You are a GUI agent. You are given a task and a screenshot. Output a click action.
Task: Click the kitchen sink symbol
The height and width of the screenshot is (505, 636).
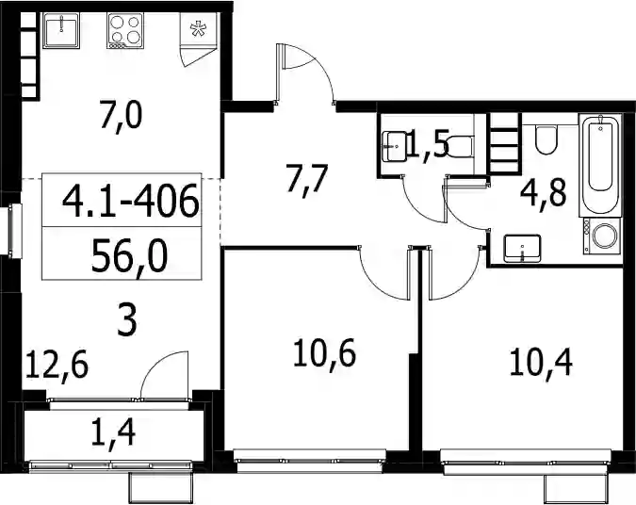pos(61,30)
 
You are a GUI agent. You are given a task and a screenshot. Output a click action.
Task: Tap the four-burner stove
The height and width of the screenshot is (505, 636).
pos(125,30)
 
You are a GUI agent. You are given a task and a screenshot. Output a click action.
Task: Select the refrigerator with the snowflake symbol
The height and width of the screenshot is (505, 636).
pos(199,29)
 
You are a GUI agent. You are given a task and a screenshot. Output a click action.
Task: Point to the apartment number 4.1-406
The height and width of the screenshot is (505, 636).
pos(131,202)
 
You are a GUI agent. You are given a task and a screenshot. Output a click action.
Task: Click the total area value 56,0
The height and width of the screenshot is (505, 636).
pos(129,255)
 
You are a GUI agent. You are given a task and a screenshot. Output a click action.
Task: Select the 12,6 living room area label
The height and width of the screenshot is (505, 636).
pos(57,366)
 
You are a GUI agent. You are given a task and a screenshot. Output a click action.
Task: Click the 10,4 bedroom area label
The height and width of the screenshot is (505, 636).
pos(541,364)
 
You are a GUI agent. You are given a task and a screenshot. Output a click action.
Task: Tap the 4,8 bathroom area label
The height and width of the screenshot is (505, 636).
pos(544,194)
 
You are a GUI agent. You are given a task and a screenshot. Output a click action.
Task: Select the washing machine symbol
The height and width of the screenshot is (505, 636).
pos(602,236)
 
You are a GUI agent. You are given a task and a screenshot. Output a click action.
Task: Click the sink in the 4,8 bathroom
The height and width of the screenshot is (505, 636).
pos(522,248)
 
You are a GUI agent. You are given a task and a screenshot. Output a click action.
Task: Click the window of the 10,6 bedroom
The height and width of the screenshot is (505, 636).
pos(310,462)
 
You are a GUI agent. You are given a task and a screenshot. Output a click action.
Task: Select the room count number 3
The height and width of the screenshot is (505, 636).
pos(127,321)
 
